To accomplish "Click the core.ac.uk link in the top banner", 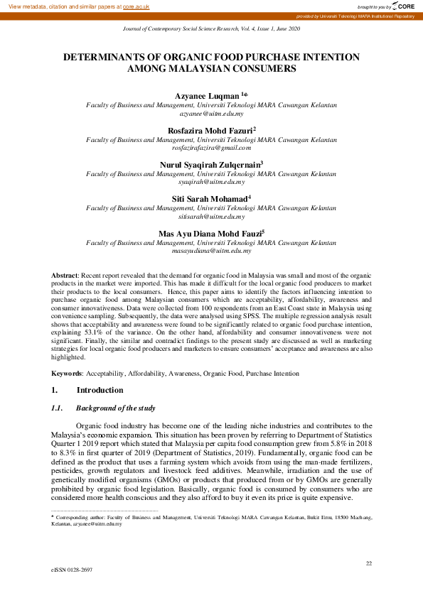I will (x=136, y=6).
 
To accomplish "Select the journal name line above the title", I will (x=212, y=28).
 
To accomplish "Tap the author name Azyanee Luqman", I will (x=207, y=95).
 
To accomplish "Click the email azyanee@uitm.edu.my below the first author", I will (x=211, y=113).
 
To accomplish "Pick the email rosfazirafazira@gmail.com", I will (x=211, y=148).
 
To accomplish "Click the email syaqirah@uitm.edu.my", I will (x=211, y=182).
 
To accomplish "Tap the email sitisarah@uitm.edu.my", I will (x=211, y=216).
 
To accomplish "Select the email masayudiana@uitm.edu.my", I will (x=211, y=250).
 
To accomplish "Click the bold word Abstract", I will (x=65, y=274).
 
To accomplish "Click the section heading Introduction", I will (x=100, y=391).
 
